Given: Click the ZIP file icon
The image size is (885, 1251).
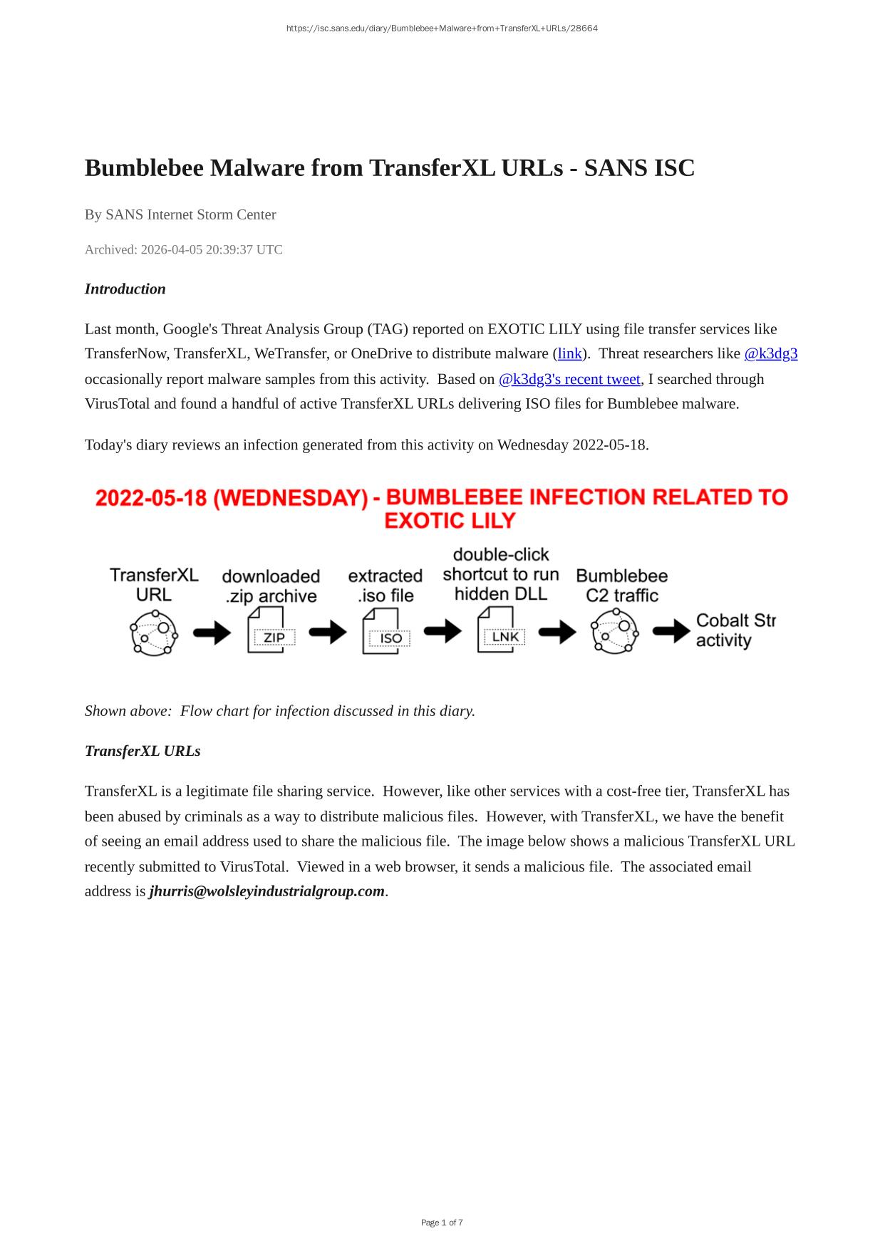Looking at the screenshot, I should (271, 630).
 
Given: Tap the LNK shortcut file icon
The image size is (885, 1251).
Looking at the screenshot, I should (501, 630).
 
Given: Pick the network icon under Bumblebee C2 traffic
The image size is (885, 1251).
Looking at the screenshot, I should (614, 630).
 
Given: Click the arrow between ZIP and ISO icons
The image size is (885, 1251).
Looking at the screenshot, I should (328, 631).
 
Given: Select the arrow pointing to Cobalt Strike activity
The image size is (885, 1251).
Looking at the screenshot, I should (671, 631).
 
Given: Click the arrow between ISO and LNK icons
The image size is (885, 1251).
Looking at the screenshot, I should (442, 630).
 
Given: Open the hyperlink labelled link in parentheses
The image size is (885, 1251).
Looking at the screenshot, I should (569, 354).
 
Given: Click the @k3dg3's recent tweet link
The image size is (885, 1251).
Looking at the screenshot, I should (569, 379).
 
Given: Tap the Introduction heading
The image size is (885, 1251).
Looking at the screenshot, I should (125, 289).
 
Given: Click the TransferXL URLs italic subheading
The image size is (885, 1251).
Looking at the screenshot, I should (143, 751).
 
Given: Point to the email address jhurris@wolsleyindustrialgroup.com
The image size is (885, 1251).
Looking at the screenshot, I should (266, 891).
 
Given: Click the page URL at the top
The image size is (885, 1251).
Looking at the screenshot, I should (442, 28).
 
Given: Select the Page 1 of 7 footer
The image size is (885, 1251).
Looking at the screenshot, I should (442, 1223).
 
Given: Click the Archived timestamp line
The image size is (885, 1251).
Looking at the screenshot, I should (184, 249).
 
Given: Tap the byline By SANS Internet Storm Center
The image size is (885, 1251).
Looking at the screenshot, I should (180, 214).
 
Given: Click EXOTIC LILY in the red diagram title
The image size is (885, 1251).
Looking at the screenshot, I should (449, 521).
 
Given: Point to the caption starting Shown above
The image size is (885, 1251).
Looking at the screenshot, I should (279, 711).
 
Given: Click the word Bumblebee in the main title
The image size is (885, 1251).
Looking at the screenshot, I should (144, 168).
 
